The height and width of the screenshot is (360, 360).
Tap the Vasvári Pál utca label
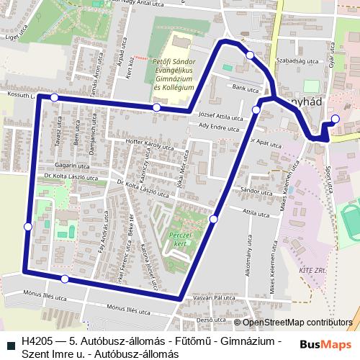point(214,297)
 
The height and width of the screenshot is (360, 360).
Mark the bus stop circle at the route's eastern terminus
point(334,120)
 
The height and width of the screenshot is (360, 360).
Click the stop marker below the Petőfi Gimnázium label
point(157,107)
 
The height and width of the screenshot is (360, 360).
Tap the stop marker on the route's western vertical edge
point(28,227)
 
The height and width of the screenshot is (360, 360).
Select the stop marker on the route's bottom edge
point(65,279)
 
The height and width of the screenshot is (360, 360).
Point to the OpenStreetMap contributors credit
point(297,323)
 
